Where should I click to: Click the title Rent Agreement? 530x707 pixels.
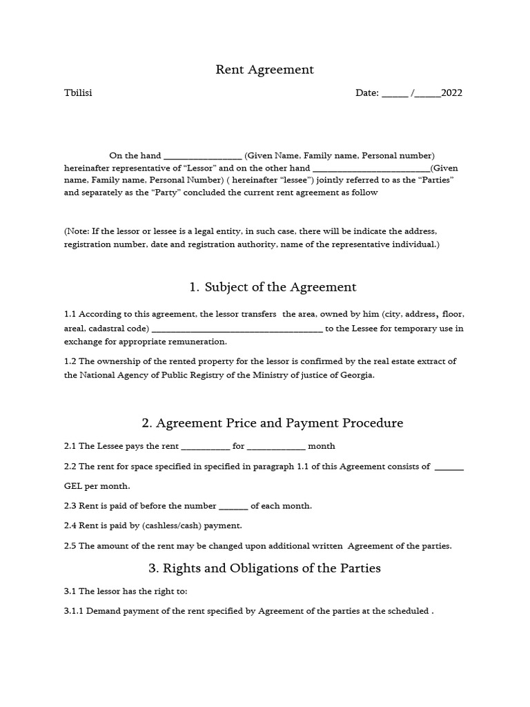pyautogui.click(x=264, y=69)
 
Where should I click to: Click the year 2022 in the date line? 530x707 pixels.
pyautogui.click(x=451, y=93)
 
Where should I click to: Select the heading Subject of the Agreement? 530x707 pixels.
pyautogui.click(x=273, y=287)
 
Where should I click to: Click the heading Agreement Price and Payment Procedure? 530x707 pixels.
pyautogui.click(x=272, y=423)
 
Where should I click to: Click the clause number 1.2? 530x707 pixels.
pyautogui.click(x=70, y=361)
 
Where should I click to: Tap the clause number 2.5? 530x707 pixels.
pyautogui.click(x=70, y=545)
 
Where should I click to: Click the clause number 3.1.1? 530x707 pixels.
pyautogui.click(x=74, y=611)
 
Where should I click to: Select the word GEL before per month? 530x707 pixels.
pyautogui.click(x=73, y=486)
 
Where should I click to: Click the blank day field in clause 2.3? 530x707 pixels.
pyautogui.click(x=233, y=506)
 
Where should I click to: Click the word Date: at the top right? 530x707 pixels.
pyautogui.click(x=367, y=93)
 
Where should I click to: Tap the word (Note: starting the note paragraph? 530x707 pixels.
pyautogui.click(x=78, y=231)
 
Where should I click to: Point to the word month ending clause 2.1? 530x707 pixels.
pyautogui.click(x=321, y=446)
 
